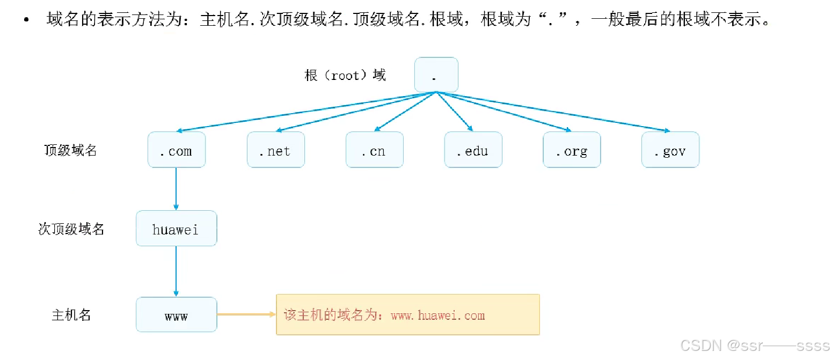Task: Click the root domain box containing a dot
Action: tap(436, 75)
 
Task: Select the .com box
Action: tap(176, 150)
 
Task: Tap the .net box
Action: tap(275, 150)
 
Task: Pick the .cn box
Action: tap(374, 150)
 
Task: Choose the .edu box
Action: tap(473, 150)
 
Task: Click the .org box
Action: tap(572, 150)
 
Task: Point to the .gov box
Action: tap(670, 150)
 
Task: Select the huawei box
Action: tap(176, 229)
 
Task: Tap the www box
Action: tap(176, 314)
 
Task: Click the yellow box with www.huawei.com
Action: tap(407, 314)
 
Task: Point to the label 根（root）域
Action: tap(345, 75)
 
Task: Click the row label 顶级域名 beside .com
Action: tap(70, 150)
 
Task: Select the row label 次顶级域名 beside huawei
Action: tap(71, 229)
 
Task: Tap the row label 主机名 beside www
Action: tap(71, 315)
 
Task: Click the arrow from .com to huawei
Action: tap(176, 189)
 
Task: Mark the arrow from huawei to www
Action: tap(176, 271)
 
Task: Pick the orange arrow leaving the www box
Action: tap(246, 314)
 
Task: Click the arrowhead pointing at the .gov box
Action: tap(667, 130)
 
